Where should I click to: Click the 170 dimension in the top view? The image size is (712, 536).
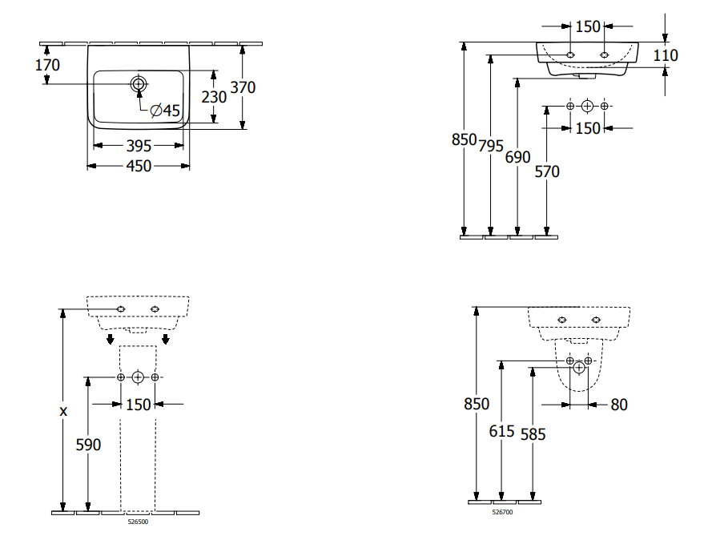click(x=48, y=65)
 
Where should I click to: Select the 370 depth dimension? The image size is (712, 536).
click(x=243, y=88)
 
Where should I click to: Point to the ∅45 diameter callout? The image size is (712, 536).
click(x=164, y=111)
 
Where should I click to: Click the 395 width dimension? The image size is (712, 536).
click(x=139, y=146)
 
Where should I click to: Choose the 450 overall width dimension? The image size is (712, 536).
click(x=139, y=166)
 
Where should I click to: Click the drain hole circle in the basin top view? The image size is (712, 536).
click(x=139, y=83)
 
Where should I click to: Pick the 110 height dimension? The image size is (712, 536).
click(x=666, y=55)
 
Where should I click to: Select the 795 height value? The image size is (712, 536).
click(x=491, y=146)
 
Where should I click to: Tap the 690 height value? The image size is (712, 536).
click(x=518, y=157)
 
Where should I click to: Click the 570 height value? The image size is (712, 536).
click(x=547, y=171)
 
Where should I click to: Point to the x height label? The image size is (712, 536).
click(x=62, y=410)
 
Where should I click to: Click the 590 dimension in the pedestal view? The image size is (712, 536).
click(x=88, y=444)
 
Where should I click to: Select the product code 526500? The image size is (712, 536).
click(x=139, y=522)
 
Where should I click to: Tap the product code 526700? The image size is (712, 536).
click(x=502, y=512)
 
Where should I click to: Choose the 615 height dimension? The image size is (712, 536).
click(x=502, y=431)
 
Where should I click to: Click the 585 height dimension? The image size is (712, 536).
click(x=532, y=433)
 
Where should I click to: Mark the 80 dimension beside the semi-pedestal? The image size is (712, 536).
click(x=619, y=405)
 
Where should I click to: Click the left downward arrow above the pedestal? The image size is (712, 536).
click(x=111, y=340)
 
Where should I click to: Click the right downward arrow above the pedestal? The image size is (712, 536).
click(x=166, y=340)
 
